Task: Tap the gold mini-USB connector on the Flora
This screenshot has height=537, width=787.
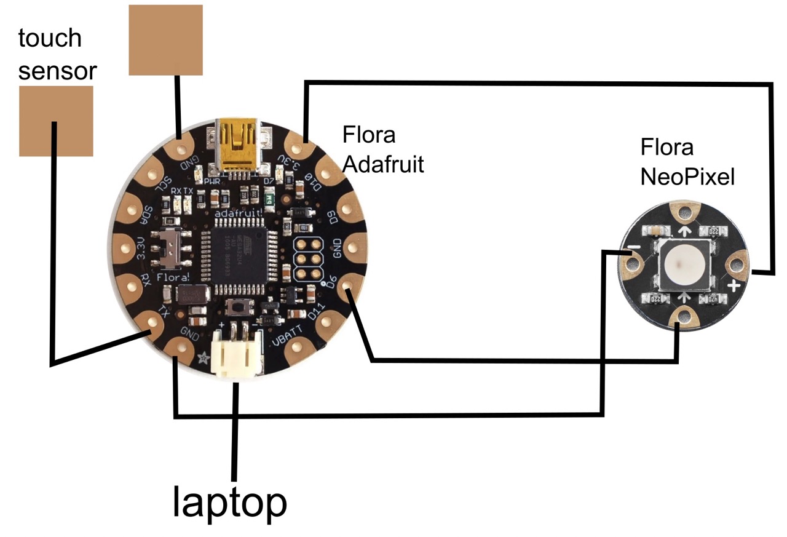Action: point(240,145)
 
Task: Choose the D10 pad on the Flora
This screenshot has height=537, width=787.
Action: point(328,173)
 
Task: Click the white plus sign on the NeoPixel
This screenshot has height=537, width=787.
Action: point(733,287)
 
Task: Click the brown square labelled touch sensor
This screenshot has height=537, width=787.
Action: point(56,121)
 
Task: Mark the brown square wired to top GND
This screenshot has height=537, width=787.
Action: point(165,40)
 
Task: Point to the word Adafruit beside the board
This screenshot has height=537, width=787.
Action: point(384,164)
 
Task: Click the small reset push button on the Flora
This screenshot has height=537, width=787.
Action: point(235,306)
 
